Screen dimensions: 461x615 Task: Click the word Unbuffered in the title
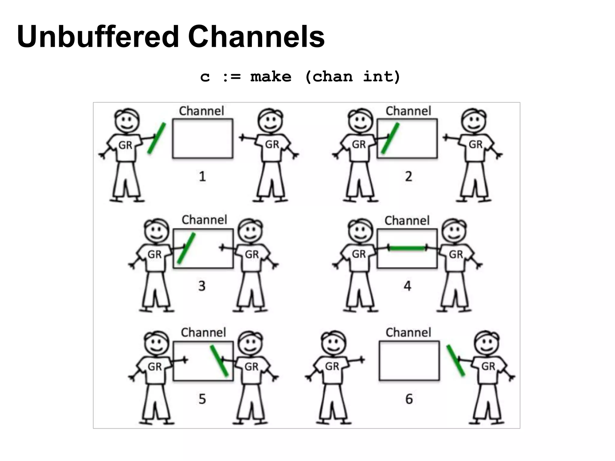(98, 37)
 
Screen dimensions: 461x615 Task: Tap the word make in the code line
(271, 77)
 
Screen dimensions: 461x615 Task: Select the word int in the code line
(381, 77)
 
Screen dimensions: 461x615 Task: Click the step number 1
(202, 176)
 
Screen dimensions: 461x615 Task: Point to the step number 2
(408, 176)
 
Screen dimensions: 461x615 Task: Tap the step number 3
(202, 286)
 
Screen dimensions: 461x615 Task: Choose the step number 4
(407, 286)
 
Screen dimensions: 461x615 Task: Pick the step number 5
(202, 399)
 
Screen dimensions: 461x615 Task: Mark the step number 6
(409, 399)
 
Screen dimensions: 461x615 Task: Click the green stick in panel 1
(156, 138)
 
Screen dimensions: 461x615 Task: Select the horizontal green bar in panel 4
(407, 248)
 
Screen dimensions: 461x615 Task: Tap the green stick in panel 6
(456, 360)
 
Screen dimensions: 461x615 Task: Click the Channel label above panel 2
(408, 111)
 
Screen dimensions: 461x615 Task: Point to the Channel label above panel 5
(203, 333)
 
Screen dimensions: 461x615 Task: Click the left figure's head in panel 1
(127, 120)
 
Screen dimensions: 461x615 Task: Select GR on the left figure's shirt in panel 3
(154, 255)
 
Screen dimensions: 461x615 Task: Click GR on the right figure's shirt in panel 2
(475, 145)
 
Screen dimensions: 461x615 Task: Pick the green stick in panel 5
(219, 361)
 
